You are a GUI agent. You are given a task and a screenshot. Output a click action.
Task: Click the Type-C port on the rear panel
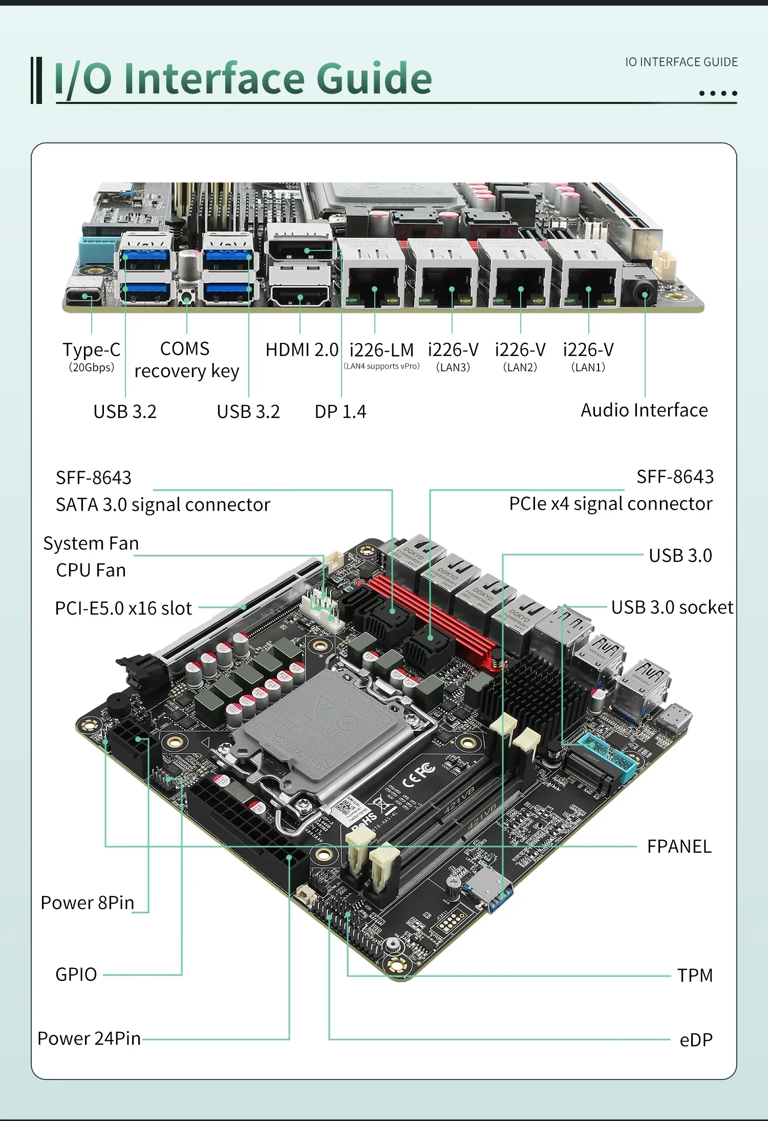[x=85, y=296]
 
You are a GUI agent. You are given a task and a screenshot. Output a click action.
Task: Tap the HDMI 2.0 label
[x=302, y=350]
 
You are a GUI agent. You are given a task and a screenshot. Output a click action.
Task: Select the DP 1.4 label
[x=340, y=412]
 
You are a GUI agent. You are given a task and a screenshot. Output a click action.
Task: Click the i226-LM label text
[x=381, y=350]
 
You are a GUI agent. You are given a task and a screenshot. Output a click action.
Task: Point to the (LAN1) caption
[x=588, y=367]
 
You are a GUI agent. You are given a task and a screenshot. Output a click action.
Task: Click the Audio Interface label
[x=644, y=410]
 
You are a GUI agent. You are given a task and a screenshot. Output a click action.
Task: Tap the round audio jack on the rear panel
[x=645, y=294]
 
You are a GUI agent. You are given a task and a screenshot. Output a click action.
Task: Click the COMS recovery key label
[x=186, y=360]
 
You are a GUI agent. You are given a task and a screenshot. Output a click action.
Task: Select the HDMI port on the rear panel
[x=300, y=296]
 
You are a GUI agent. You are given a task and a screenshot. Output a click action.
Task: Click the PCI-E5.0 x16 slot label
[x=123, y=608]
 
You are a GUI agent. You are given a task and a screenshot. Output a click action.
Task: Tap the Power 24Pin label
[x=89, y=1039]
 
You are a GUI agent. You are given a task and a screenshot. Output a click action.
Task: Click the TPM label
[x=695, y=976]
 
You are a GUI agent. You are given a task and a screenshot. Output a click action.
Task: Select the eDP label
[x=696, y=1040]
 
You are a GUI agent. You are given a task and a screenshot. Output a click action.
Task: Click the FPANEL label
[x=679, y=847]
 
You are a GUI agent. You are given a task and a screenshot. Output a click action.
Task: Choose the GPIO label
[x=76, y=975]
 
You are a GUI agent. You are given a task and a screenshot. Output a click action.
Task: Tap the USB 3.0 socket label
[x=672, y=607]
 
